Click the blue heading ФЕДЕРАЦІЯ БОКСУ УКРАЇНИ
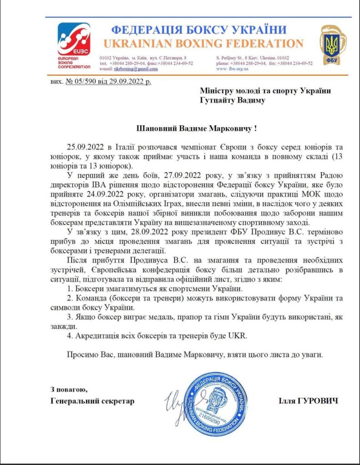click(x=199, y=30)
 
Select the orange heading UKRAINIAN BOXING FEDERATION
click(x=203, y=44)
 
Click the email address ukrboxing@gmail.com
click(x=135, y=69)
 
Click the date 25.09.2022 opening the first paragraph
click(x=84, y=147)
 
